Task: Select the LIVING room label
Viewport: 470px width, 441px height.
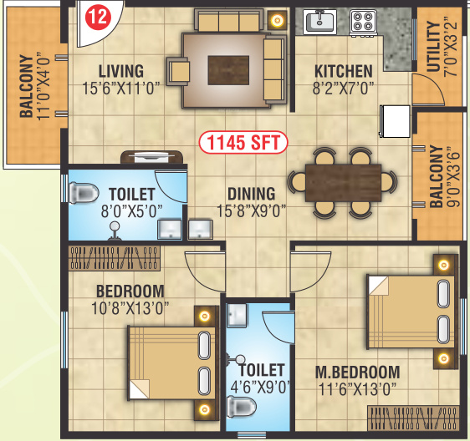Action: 120,71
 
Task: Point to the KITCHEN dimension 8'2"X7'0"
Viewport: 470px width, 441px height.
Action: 344,86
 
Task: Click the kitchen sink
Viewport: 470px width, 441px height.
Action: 319,20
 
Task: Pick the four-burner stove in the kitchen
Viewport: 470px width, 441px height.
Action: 363,20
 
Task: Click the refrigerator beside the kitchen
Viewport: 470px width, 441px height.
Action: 394,121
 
